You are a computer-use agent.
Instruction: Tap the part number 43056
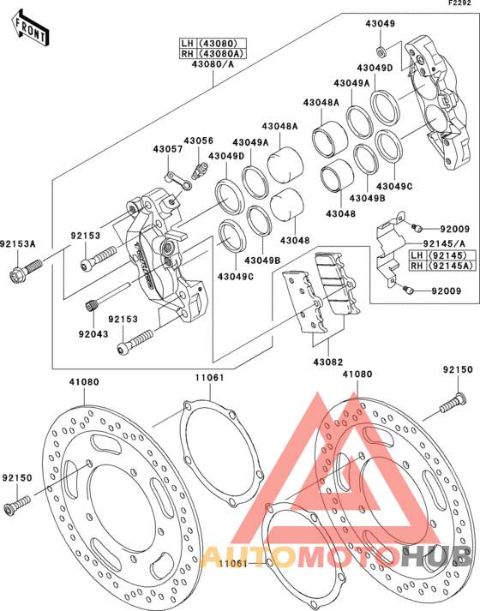(199, 141)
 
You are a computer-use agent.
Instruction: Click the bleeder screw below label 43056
(199, 171)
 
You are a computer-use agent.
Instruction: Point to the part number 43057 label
(167, 149)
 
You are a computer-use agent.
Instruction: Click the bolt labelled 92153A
(25, 270)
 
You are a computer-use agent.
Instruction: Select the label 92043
(93, 334)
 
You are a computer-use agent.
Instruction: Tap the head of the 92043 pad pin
(91, 305)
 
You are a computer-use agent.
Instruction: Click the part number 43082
(328, 362)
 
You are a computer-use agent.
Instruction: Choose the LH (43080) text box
(213, 43)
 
